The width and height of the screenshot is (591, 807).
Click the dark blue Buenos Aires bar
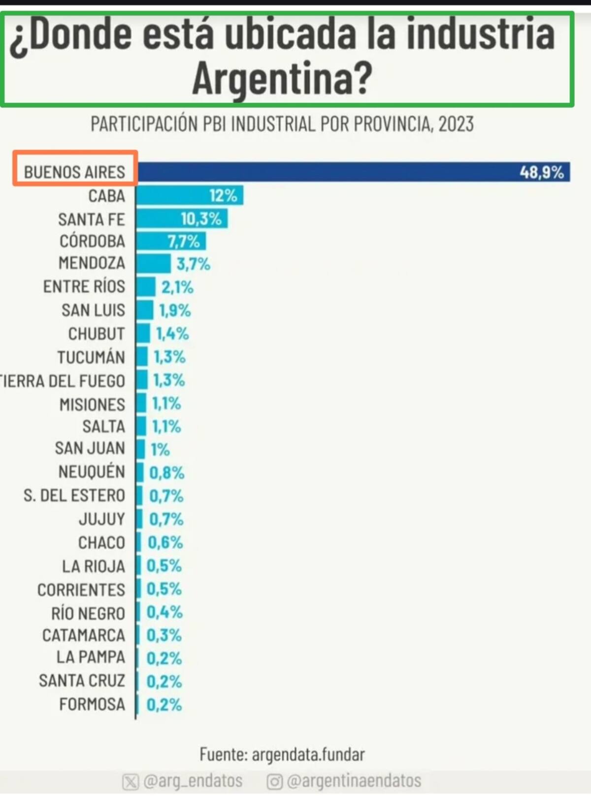(345, 172)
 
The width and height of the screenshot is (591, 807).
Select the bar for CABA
(189, 195)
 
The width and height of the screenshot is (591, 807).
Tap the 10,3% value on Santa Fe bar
(201, 218)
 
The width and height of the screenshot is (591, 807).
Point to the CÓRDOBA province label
(92, 242)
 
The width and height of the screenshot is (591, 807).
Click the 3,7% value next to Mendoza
(193, 264)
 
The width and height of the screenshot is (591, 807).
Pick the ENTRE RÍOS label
(84, 287)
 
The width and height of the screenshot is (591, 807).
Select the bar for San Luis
(145, 310)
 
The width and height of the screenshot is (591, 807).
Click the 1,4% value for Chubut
(172, 334)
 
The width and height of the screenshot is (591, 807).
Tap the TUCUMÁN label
(91, 357)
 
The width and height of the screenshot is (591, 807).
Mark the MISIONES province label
(92, 404)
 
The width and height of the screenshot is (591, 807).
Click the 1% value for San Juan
(160, 449)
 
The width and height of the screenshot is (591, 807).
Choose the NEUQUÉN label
(92, 471)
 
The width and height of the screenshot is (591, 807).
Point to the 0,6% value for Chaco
(165, 542)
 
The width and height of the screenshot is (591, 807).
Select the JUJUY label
(101, 519)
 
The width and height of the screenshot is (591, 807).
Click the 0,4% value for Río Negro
(164, 612)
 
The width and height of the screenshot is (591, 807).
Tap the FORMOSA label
(92, 704)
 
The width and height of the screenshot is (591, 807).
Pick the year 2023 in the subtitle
(456, 124)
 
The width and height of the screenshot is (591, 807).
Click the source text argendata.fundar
(308, 754)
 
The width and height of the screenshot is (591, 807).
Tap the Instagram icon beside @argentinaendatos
(274, 781)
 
